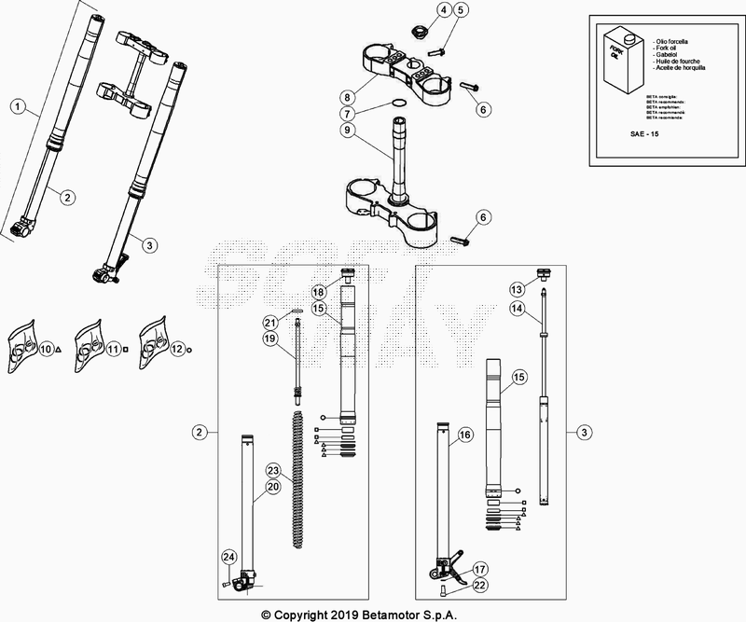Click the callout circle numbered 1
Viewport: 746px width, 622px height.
(x=17, y=106)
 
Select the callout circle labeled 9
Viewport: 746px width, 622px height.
(x=372, y=130)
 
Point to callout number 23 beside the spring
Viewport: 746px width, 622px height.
(x=272, y=469)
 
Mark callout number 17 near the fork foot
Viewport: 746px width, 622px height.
(x=479, y=569)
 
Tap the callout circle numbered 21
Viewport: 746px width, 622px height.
(x=269, y=322)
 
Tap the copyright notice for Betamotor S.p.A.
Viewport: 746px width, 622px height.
(x=373, y=614)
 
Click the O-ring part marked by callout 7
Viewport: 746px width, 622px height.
(x=397, y=104)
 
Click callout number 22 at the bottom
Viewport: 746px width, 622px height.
(x=479, y=585)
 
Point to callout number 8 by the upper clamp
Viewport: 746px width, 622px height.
(x=372, y=96)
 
